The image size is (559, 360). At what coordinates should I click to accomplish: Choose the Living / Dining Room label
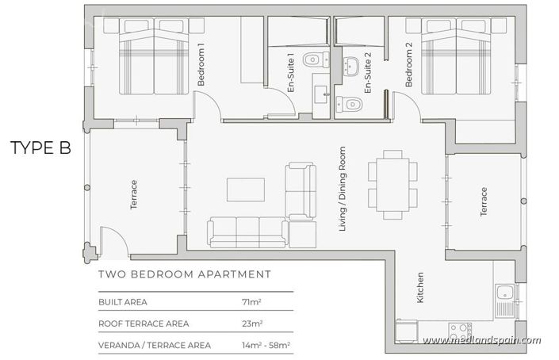[x=343, y=190]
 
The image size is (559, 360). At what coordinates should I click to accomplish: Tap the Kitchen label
[x=421, y=290]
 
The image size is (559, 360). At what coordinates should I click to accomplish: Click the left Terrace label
[x=134, y=195]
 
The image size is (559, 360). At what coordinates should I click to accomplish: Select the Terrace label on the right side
[x=482, y=201]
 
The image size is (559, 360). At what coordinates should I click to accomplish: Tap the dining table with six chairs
[x=391, y=185]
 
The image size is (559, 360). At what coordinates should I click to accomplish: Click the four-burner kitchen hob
[x=461, y=329]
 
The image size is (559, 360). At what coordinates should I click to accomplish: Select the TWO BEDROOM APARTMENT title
[x=184, y=274]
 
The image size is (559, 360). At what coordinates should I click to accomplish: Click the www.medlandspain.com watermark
[x=482, y=341]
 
